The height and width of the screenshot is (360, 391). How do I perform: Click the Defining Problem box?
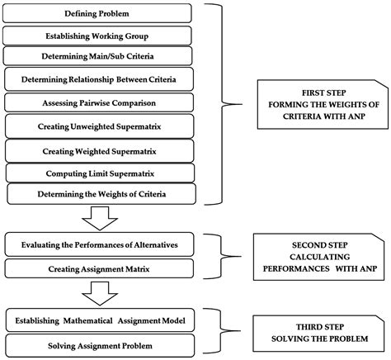[99, 14]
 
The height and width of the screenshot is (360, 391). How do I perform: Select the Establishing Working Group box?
[99, 36]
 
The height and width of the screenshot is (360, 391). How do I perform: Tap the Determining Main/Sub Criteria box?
[99, 57]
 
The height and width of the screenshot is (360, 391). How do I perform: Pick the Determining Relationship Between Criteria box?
[101, 80]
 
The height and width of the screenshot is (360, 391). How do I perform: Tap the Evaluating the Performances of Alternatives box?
[99, 245]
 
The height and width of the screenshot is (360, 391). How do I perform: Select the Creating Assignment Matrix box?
[99, 268]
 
